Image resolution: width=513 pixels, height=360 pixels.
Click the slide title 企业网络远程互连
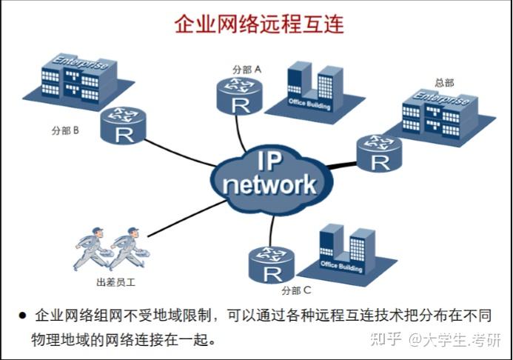259,24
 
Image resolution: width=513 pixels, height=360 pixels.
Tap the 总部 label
444,82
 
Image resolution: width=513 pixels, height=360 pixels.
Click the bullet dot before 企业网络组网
21,315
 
